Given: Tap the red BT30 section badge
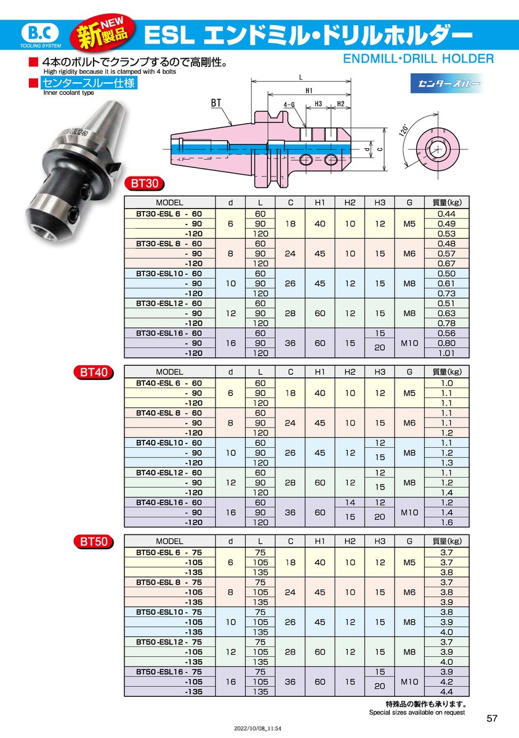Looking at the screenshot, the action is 145,183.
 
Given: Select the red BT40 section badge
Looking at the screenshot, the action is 94,372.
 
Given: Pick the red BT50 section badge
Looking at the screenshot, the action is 94,542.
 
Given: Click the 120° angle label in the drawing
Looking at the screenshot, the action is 404,130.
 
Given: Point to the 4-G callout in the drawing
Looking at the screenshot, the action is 289,105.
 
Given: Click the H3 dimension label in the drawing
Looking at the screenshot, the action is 318,104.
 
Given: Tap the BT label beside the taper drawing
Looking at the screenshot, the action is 216,103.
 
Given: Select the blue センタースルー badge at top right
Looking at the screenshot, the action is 447,83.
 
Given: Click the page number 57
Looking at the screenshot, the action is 492,718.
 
